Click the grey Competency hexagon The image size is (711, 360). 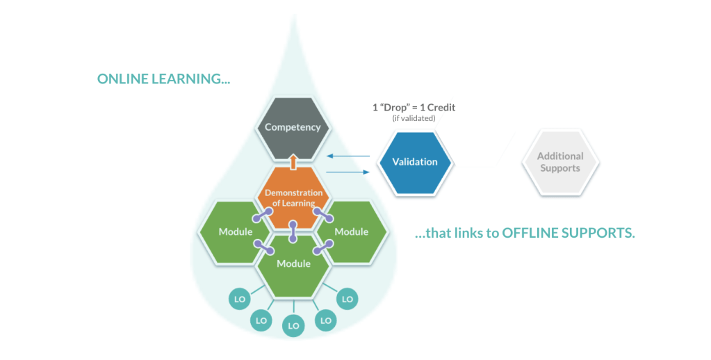293,127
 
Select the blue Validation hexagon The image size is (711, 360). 415,162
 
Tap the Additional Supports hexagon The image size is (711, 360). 560,162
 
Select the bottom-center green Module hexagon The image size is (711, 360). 293,264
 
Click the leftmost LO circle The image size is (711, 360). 238,299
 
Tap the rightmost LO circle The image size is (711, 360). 347,299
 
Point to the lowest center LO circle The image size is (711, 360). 293,325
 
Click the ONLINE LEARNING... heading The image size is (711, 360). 163,79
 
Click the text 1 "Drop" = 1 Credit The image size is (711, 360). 414,108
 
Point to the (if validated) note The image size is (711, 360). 414,119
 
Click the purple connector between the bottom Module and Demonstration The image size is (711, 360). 293,231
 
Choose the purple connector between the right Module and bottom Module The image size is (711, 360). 322,247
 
